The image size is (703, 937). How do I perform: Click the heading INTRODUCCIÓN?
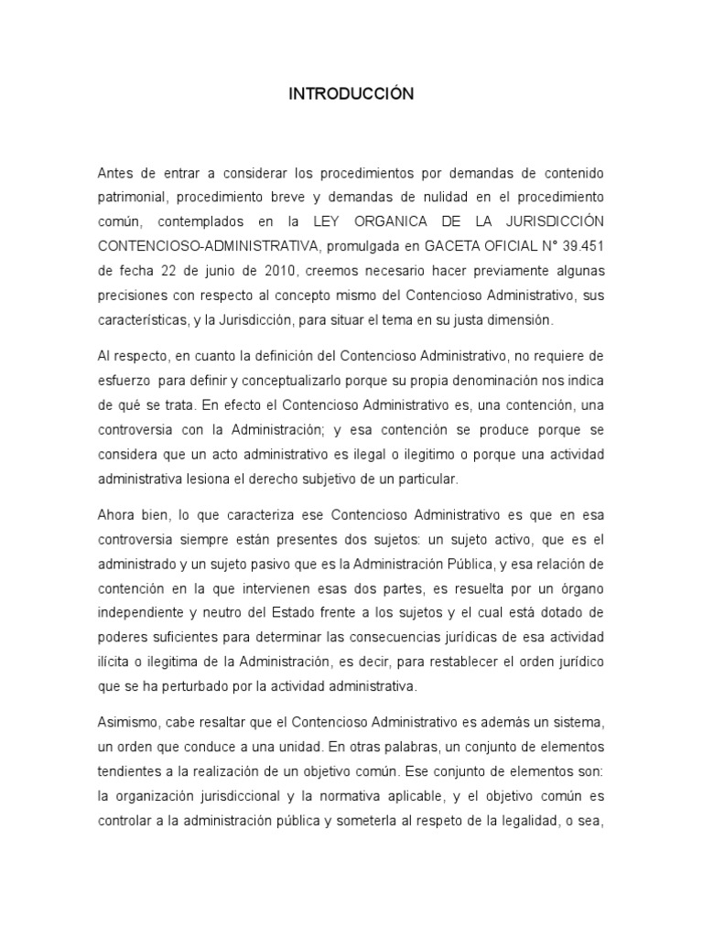click(x=351, y=94)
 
